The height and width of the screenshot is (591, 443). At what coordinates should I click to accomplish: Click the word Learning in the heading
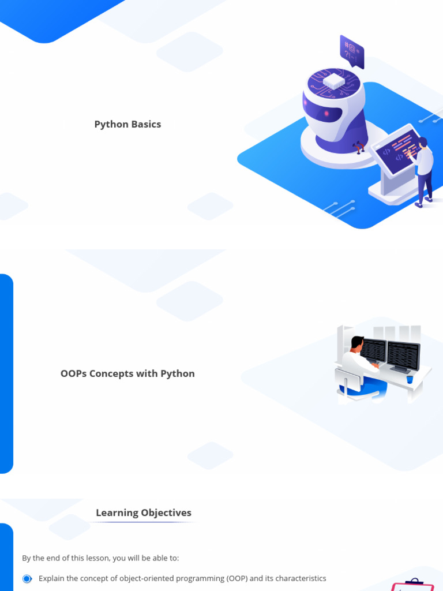coord(117,513)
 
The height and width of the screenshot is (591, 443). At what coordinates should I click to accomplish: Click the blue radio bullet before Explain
coord(27,578)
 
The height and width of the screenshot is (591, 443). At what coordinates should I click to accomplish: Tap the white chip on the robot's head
coord(335,81)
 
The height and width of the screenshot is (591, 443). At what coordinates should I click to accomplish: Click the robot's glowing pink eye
coord(327,114)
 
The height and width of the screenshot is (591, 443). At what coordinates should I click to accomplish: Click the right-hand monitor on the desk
coord(403,354)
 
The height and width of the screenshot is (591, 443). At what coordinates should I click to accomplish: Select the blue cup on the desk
coord(410,379)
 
